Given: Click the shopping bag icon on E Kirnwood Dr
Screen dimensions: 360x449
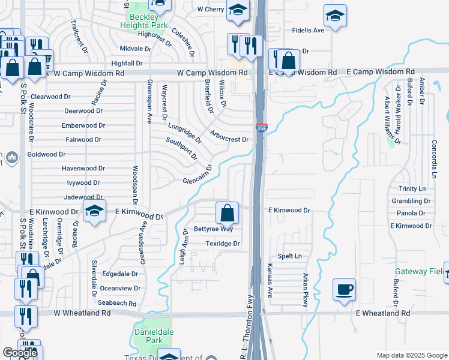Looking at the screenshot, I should tap(228, 212).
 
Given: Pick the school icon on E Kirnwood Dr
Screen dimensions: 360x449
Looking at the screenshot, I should tap(94, 212).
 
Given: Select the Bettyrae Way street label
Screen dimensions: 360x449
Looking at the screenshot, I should tap(213, 229).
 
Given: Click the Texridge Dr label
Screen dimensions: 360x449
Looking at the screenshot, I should tap(223, 244).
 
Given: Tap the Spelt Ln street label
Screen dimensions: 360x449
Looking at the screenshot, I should tap(289, 256).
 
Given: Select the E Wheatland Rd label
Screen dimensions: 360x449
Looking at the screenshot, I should tap(383, 314).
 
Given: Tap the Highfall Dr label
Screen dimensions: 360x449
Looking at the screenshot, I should tap(127, 63).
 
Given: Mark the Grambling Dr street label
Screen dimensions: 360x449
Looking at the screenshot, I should tap(408, 201).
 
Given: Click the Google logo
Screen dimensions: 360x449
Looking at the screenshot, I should tap(20, 353).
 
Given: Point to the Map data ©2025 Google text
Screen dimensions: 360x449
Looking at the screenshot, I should tap(411, 355).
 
